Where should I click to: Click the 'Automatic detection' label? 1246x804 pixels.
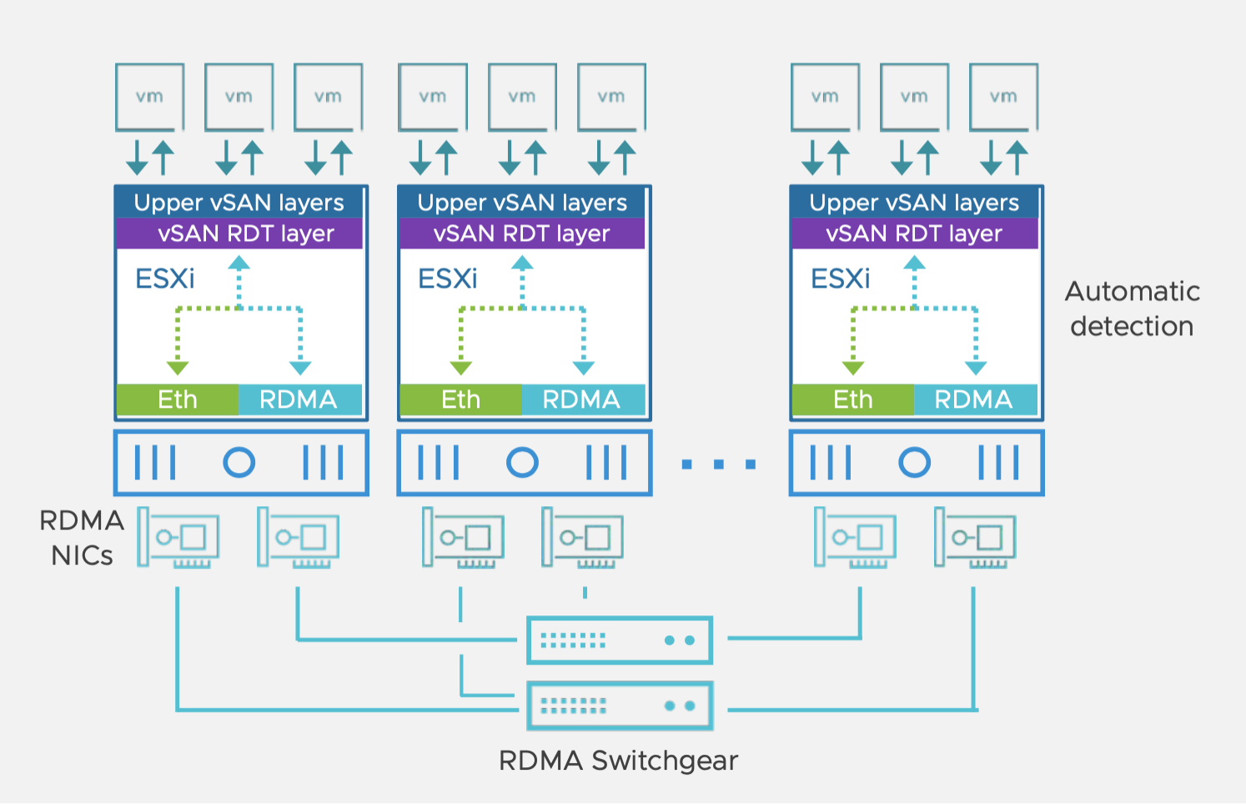coord(1132,309)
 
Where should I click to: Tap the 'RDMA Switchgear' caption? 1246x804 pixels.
coord(618,761)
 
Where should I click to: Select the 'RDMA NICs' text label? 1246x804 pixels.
coord(81,538)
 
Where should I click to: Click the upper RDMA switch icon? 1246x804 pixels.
coord(620,641)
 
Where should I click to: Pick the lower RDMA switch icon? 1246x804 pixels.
coord(620,706)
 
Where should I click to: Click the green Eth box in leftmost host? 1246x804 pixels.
coord(178,399)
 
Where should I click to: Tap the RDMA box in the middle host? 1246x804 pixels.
coord(582,399)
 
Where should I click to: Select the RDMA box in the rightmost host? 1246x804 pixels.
coord(974,399)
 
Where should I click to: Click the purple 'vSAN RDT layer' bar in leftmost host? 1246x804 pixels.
coord(240,234)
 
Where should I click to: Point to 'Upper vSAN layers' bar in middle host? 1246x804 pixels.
coord(522,203)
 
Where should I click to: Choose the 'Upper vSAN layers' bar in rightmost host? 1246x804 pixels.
coord(914,203)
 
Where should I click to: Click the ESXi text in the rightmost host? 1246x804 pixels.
coord(840,279)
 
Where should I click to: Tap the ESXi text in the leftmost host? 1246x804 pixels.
coord(165,279)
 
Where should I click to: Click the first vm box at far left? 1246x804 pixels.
coord(150,98)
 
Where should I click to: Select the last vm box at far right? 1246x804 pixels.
coord(1003,98)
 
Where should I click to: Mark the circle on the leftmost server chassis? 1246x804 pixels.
coord(239,462)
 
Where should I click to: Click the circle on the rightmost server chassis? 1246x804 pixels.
coord(915,462)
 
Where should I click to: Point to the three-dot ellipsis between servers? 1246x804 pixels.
coord(719,464)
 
